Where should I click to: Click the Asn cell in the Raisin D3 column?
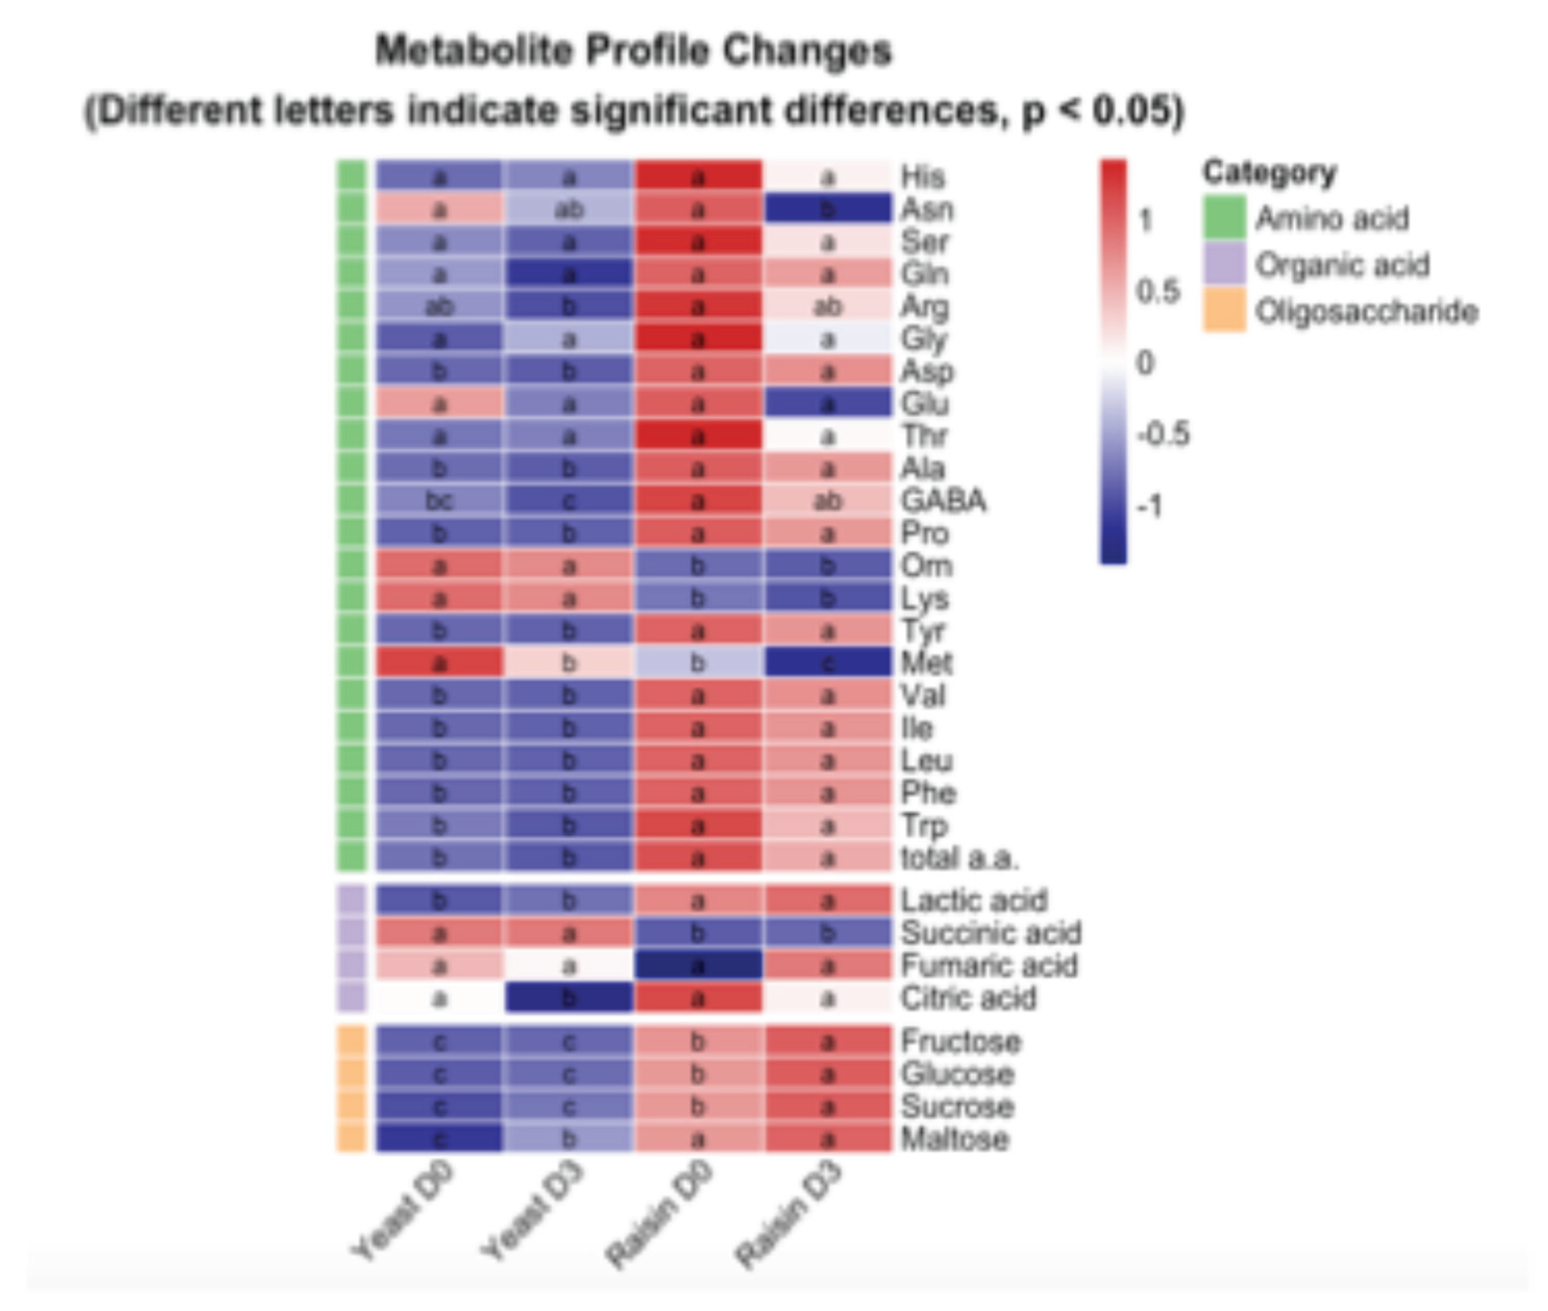coord(827,209)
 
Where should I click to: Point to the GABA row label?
coord(943,501)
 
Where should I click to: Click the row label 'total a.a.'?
coord(958,858)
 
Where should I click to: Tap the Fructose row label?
coord(960,1041)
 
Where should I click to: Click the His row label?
coord(922,177)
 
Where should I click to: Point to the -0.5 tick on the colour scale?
coord(1163,433)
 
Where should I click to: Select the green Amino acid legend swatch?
coord(1224,218)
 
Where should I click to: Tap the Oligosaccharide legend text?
coord(1366,312)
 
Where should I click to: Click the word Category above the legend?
coord(1269,172)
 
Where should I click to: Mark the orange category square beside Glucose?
coord(352,1074)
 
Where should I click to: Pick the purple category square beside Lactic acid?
coord(352,901)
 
